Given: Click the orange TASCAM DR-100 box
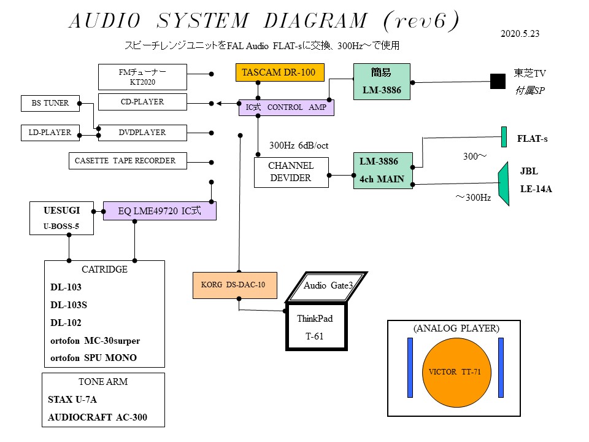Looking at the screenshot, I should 279,73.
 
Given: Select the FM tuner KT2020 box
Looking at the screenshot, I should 142,76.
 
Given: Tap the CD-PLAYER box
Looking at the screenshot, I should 142,102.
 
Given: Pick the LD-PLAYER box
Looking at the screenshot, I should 50,132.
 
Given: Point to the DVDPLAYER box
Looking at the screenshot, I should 142,132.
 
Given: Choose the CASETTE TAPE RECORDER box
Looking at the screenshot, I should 125,161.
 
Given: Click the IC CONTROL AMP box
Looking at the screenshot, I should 287,107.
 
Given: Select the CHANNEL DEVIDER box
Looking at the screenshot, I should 291,172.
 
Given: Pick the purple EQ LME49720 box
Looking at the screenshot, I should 160,211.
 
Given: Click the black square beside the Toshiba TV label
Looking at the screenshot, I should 496,81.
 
